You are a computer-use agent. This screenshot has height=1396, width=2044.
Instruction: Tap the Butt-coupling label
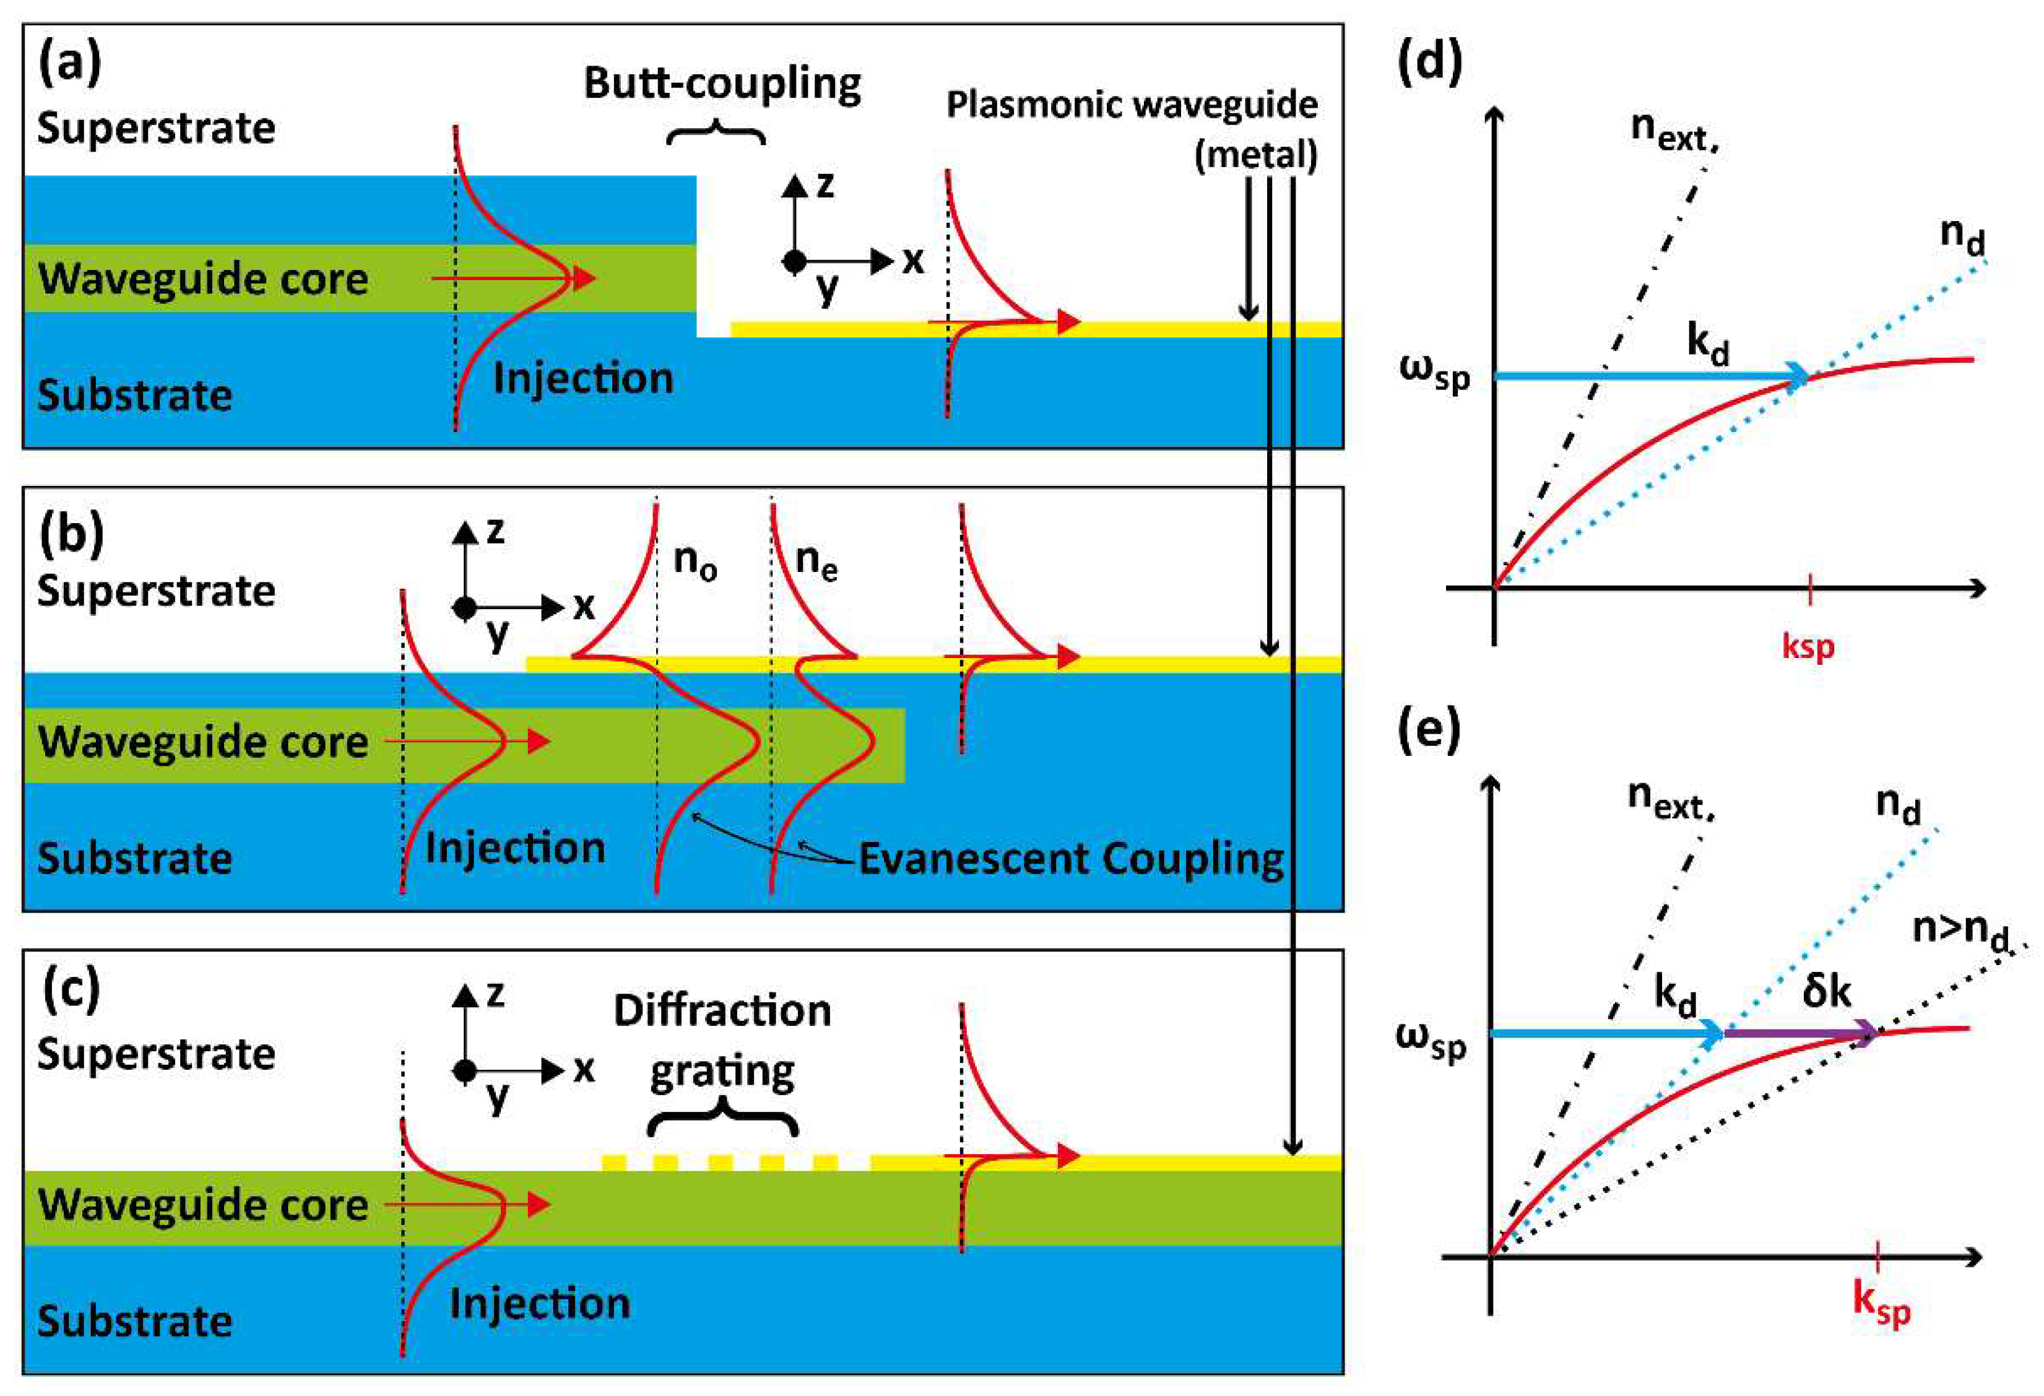coord(722,84)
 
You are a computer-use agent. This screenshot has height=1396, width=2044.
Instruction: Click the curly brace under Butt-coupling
coord(715,134)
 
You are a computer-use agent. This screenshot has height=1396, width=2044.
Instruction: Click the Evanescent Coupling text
coord(1070,859)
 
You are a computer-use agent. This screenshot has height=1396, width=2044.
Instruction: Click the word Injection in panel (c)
coord(540,1303)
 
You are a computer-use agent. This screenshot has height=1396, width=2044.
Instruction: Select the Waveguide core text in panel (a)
coord(203,279)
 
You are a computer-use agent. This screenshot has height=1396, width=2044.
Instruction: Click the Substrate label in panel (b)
coord(134,857)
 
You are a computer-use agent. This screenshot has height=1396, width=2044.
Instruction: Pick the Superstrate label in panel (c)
coord(155,1053)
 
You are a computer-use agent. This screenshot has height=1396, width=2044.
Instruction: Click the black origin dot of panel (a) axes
coord(794,261)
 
